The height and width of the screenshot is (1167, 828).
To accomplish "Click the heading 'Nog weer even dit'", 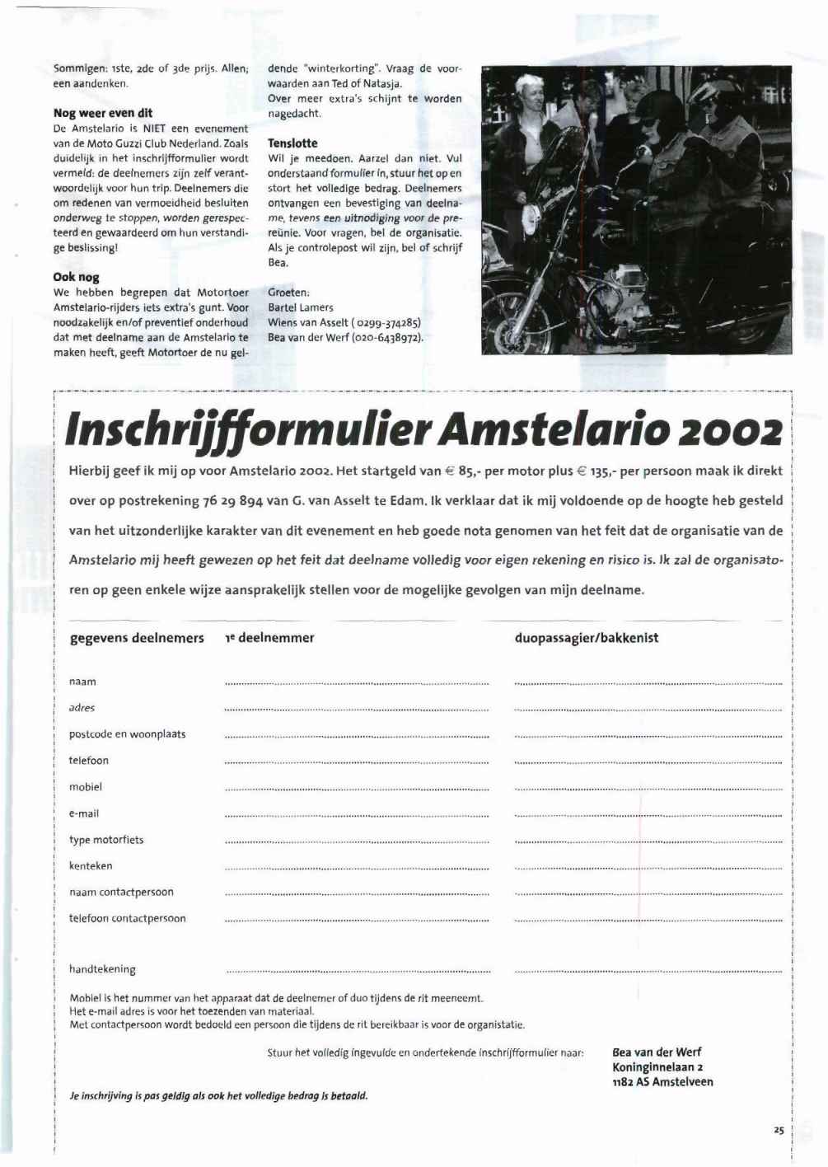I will [102, 113].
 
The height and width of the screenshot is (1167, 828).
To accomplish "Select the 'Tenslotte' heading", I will [292, 143].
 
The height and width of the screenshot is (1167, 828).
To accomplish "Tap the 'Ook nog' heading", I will [76, 278].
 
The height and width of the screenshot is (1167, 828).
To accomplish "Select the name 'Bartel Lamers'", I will [301, 307].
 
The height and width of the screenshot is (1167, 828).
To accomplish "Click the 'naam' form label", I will [82, 682].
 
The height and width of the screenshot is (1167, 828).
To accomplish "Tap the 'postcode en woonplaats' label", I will [127, 734].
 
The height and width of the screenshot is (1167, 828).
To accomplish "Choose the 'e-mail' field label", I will [84, 813].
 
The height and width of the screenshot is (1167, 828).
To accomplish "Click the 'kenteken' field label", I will [91, 866].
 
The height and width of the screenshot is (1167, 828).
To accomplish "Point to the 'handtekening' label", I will [102, 970].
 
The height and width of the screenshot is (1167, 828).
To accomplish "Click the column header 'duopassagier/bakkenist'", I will [587, 638].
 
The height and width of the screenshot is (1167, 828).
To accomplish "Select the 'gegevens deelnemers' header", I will [137, 638].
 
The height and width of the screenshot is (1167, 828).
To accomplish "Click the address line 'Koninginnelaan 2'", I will [657, 1067].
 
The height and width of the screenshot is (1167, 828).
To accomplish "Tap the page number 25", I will [779, 1131].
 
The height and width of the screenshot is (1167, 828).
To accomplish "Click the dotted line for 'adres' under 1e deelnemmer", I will [357, 710].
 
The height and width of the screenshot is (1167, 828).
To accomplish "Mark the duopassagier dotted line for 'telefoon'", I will [648, 762].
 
